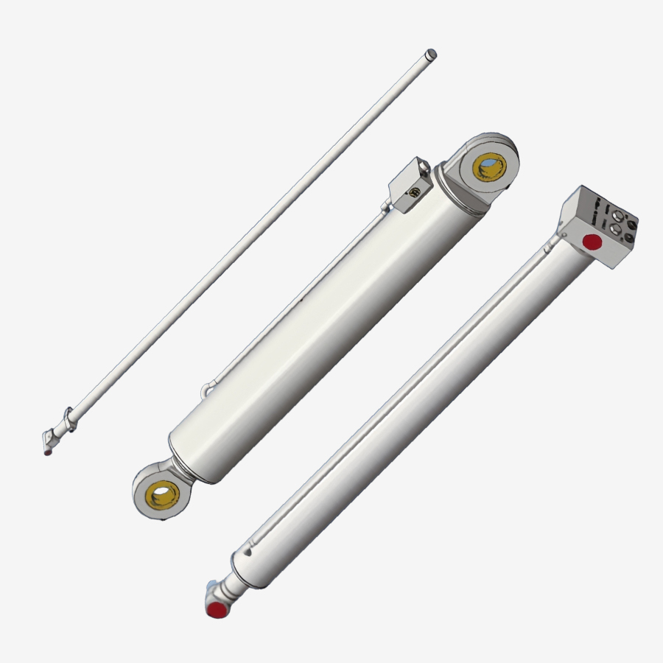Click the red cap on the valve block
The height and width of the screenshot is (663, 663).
pos(591,242)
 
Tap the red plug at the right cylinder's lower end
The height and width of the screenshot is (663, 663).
pos(216,609)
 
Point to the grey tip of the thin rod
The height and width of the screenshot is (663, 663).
pos(432,54)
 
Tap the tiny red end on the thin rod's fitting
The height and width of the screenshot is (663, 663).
pos(48,452)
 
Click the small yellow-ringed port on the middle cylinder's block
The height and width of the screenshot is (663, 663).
pos(415,193)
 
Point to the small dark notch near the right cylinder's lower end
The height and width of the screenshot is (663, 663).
pos(251,548)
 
